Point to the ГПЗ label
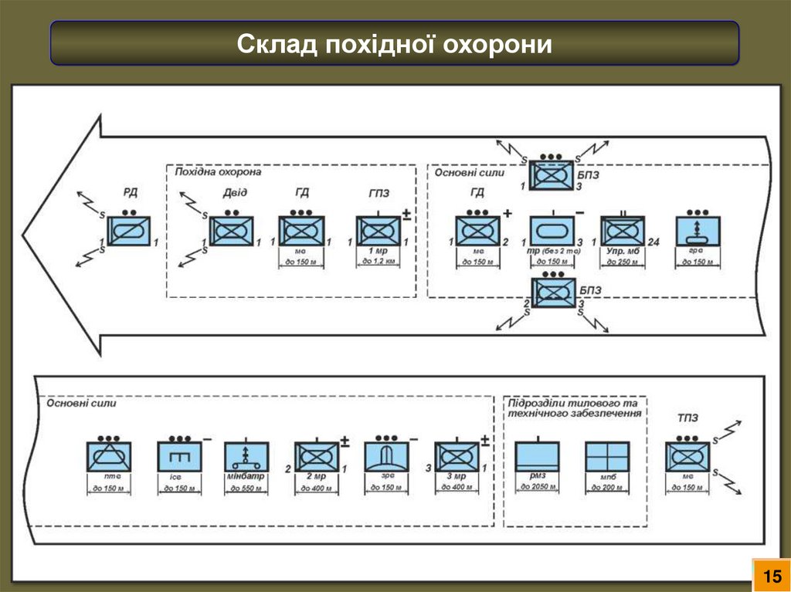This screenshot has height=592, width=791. [x=379, y=194]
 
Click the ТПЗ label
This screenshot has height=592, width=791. [x=687, y=418]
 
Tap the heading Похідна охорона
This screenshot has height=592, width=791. [x=219, y=172]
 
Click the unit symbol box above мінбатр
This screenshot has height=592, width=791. [x=246, y=456]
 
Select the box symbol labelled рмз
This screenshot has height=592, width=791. [x=538, y=456]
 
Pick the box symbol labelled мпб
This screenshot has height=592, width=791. [x=607, y=456]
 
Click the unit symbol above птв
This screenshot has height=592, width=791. [x=108, y=456]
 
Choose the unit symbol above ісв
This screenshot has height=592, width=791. [x=179, y=456]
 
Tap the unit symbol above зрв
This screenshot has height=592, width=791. [x=389, y=456]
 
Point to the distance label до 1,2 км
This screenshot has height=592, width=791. [x=378, y=262]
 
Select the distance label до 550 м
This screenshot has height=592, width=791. [x=246, y=489]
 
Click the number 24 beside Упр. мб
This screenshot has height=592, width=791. [x=653, y=243]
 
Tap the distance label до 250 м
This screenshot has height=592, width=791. [x=623, y=262]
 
